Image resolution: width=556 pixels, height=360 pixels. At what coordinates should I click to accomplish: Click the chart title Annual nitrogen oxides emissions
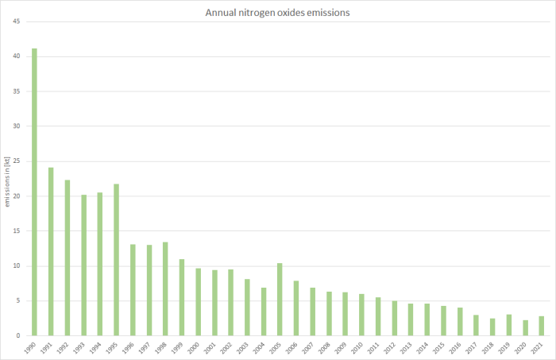pyautogui.click(x=277, y=14)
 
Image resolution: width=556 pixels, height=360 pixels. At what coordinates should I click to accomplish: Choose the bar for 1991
pyautogui.click(x=51, y=251)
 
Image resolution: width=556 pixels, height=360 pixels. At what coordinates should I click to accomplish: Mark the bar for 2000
pyautogui.click(x=198, y=302)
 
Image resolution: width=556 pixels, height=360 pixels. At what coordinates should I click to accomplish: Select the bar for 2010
pyautogui.click(x=361, y=315)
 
